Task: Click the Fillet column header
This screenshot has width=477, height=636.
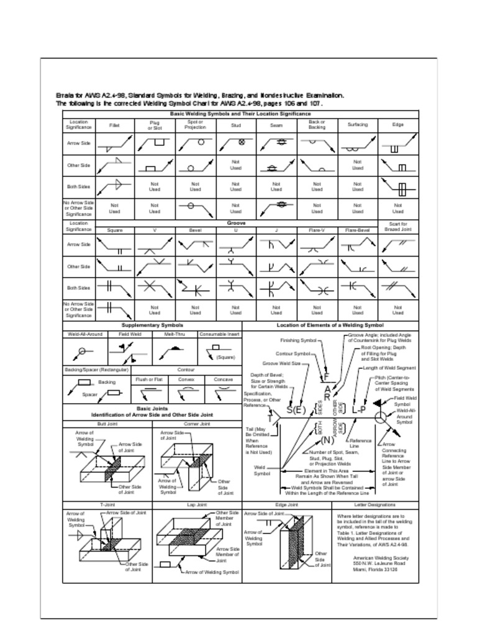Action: coord(114,125)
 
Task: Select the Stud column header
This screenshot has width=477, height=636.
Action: coord(236,125)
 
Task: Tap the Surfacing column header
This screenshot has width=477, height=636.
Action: coord(358,125)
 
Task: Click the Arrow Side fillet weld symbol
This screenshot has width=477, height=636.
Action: coord(116,144)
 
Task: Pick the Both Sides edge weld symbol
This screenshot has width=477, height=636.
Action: coord(398,187)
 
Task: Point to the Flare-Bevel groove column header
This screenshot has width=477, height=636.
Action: coord(358,230)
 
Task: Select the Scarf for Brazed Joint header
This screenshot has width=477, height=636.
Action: coord(397,227)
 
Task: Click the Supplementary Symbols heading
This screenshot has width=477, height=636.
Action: coord(152,325)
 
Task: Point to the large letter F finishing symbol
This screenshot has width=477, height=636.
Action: coord(326,377)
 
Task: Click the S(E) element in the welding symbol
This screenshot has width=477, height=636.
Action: coord(296,410)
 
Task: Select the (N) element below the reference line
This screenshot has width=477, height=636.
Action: coord(327,440)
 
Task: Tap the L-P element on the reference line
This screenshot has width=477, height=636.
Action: coord(358,409)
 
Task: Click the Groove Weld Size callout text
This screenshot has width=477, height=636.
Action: coord(281,363)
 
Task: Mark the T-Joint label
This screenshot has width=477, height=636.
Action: coord(107,505)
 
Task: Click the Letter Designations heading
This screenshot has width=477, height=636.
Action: coord(375,505)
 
